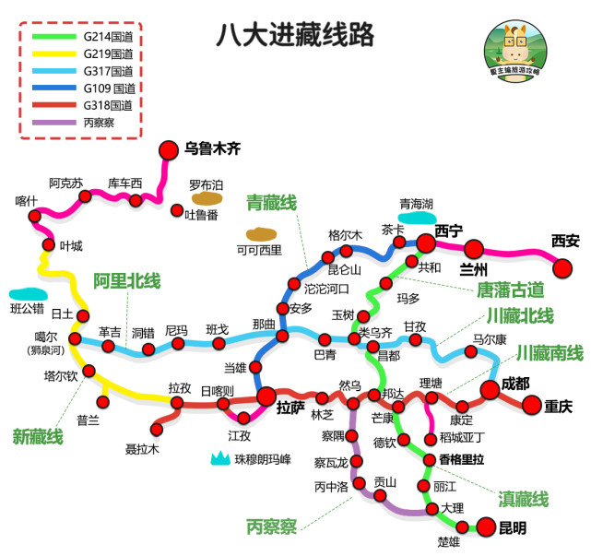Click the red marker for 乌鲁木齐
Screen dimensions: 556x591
coord(169,149)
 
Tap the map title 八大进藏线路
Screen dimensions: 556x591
coord(295,35)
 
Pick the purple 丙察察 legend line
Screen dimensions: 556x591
coord(54,121)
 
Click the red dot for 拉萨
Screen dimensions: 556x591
coord(266,397)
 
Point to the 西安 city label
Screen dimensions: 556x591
coord(565,242)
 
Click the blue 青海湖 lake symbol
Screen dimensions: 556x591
coord(417,219)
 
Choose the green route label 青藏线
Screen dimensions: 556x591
coord(271,203)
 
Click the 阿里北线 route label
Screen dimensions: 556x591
coord(126,280)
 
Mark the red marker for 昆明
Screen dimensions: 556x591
coord(486,527)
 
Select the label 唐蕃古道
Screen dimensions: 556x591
coord(509,290)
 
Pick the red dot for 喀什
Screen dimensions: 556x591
coord(36,218)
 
